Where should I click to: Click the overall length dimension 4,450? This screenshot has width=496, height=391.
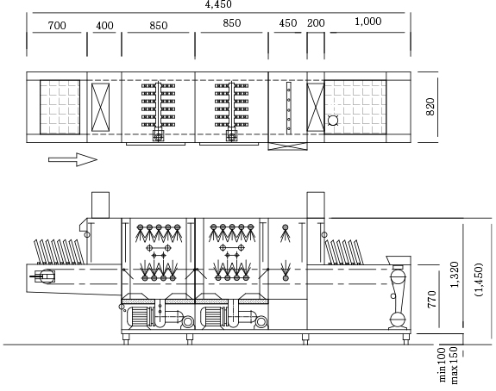pyautogui.click(x=218, y=4)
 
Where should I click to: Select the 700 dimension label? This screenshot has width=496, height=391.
pyautogui.click(x=57, y=25)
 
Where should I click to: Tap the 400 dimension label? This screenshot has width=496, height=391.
pyautogui.click(x=104, y=25)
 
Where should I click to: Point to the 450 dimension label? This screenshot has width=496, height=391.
pyautogui.click(x=288, y=23)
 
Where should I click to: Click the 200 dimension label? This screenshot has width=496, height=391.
pyautogui.click(x=316, y=23)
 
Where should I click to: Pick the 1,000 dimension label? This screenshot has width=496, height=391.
pyautogui.click(x=367, y=22)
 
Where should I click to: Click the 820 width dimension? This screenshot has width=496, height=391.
pyautogui.click(x=430, y=107)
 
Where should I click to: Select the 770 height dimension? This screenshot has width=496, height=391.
pyautogui.click(x=431, y=299)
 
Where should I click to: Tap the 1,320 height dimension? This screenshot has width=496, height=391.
pyautogui.click(x=455, y=275)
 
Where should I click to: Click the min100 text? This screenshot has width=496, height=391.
pyautogui.click(x=443, y=365)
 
